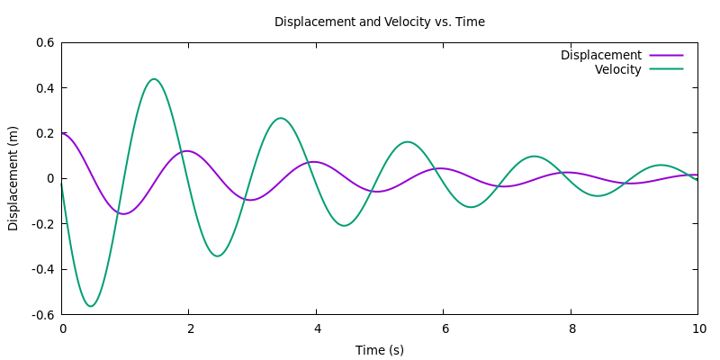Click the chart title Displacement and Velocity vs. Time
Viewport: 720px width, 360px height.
pyautogui.click(x=379, y=22)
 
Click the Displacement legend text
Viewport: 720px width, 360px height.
pyautogui.click(x=600, y=55)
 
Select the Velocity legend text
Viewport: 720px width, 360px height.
pyautogui.click(x=617, y=69)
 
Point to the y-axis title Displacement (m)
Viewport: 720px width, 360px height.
pyautogui.click(x=13, y=178)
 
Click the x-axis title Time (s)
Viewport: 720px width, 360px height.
pyautogui.click(x=379, y=349)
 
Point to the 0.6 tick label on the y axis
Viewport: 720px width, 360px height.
pyautogui.click(x=45, y=42)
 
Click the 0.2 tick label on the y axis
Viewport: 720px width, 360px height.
pyautogui.click(x=45, y=133)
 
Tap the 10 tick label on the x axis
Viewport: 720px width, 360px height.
pyautogui.click(x=697, y=328)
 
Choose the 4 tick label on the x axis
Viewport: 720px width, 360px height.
pyautogui.click(x=317, y=328)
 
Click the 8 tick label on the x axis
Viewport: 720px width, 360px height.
pyautogui.click(x=571, y=328)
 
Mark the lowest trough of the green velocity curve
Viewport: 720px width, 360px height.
pyautogui.click(x=90, y=306)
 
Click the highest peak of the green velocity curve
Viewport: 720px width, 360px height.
pyautogui.click(x=154, y=79)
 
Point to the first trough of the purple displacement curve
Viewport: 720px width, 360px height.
pyautogui.click(x=123, y=214)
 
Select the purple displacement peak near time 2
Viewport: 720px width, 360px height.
pyautogui.click(x=186, y=151)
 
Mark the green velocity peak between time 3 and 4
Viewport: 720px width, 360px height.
pyautogui.click(x=281, y=118)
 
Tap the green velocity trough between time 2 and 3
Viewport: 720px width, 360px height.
pyautogui.click(x=218, y=256)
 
